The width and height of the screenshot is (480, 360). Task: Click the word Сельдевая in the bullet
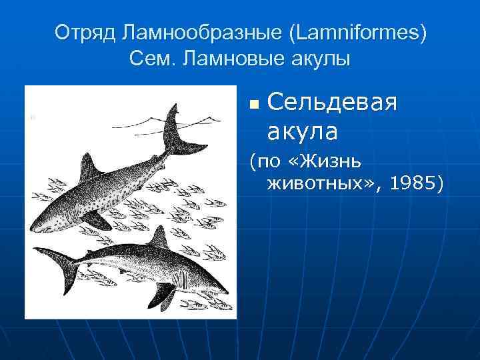[x=331, y=103]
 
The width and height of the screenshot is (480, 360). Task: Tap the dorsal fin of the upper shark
[x=87, y=167]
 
